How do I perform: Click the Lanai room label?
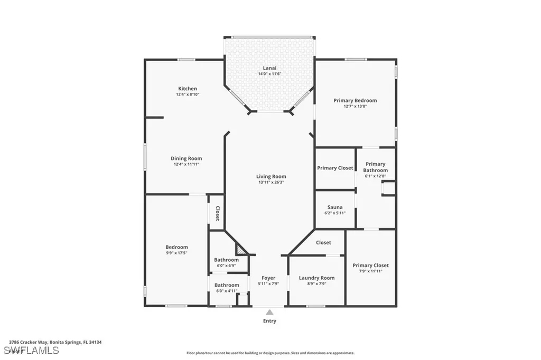269,68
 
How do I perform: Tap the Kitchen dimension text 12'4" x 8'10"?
188,94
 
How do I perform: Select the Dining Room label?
186,158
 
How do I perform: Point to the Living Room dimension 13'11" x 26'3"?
271,183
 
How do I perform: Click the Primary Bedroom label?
355,100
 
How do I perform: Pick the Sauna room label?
334,207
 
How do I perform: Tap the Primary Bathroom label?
375,167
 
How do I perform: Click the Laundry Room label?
316,278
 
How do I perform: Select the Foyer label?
268,278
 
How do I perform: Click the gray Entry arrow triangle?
269,312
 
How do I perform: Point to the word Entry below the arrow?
269,321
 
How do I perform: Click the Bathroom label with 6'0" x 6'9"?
226,260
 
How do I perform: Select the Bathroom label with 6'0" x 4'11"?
226,285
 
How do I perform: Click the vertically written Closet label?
217,213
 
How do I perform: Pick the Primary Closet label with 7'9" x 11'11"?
370,266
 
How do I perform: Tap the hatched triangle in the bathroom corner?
242,250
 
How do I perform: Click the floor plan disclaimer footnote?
270,353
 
